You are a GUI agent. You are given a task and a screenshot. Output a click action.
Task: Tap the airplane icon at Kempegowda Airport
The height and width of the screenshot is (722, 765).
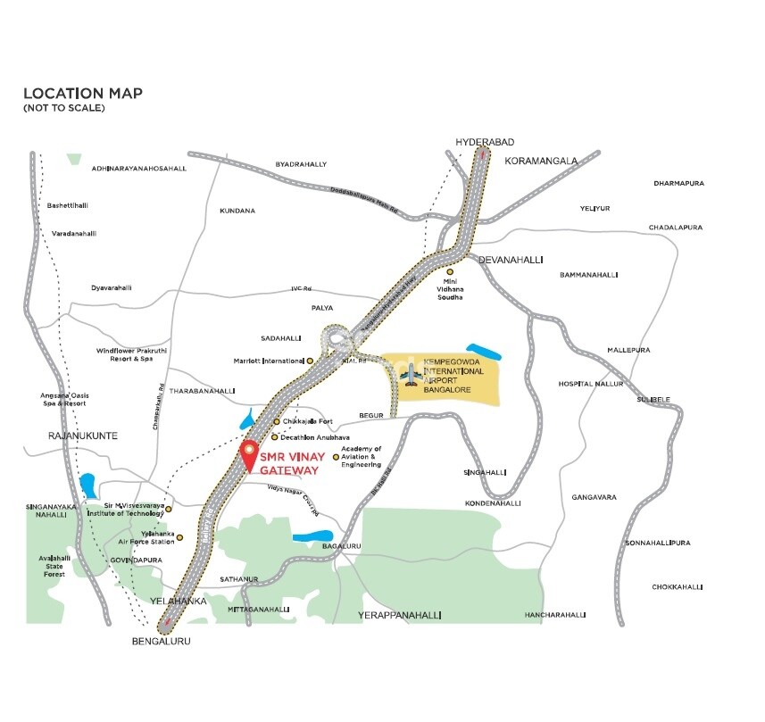pos(411,376)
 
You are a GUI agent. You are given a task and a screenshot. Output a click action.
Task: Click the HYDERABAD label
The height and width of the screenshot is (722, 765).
pos(485,143)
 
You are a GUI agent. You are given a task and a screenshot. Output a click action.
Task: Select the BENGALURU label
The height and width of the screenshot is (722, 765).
pos(162,641)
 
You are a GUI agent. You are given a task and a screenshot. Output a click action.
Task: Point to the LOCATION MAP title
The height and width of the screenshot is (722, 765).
pos(82,94)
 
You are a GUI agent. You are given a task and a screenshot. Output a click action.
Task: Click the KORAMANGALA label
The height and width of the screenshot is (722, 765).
pos(541,161)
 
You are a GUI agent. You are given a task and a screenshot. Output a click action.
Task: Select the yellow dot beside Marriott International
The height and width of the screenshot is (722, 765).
pos(310,361)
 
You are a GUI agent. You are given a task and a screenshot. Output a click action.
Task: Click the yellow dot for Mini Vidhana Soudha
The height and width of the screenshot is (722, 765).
pos(450,271)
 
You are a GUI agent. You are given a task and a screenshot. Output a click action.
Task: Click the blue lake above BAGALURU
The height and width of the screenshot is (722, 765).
pos(308,538)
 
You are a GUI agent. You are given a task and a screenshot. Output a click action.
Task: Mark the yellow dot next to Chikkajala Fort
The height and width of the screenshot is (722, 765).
pos(277,421)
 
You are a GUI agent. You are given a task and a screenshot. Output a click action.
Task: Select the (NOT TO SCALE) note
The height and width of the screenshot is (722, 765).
pos(63,108)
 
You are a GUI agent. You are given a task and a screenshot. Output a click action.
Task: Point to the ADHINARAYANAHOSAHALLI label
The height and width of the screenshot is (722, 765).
pos(138,168)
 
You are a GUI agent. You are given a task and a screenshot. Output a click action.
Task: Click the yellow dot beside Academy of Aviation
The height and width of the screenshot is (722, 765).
pos(336,458)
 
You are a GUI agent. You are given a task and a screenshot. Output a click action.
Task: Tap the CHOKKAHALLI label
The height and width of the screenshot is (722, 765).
pos(678,587)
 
